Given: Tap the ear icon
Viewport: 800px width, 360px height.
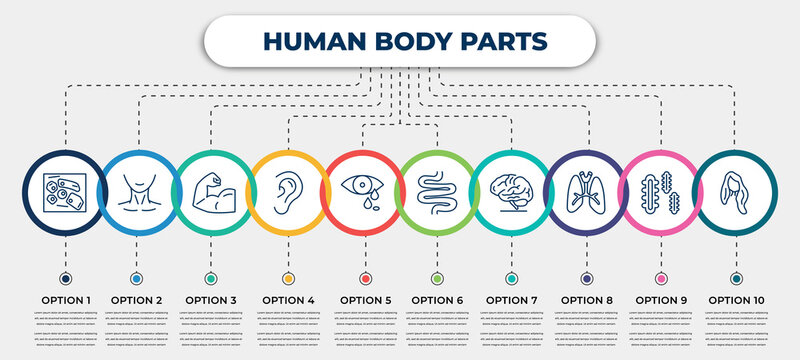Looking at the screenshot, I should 288,189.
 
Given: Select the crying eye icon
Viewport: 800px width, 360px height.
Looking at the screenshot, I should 363,189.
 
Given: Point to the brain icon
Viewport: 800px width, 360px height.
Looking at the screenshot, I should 511,189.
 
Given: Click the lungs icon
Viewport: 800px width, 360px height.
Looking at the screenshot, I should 585,189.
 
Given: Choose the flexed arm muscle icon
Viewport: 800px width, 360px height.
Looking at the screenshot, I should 210,189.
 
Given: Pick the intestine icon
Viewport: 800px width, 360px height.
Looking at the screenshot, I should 437,189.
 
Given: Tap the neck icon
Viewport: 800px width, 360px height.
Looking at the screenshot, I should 137,189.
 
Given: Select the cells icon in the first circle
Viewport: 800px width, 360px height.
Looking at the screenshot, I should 62,189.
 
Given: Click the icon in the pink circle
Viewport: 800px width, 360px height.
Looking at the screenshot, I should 660,189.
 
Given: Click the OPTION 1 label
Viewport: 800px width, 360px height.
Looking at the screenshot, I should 65,299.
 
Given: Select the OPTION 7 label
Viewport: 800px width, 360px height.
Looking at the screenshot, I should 512,299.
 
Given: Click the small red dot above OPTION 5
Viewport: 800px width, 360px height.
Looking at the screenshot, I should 364,277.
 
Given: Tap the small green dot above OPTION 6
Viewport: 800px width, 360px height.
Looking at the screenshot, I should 437,277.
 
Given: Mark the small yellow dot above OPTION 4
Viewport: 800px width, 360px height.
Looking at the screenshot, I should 289,277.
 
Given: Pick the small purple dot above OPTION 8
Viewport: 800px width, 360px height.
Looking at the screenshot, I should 585,277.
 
